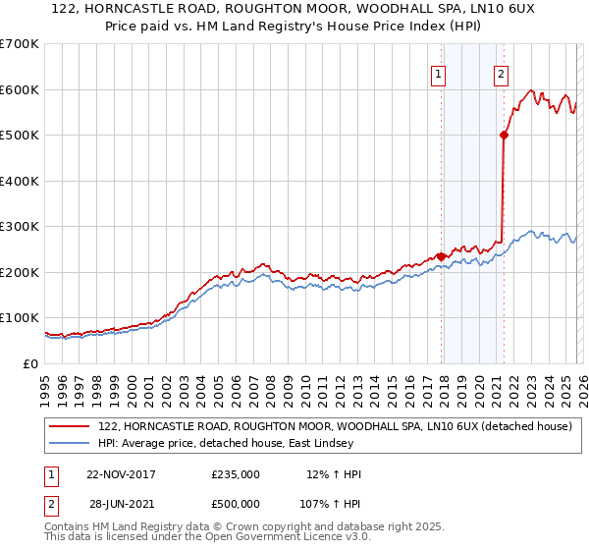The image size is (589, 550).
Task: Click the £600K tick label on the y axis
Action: [20, 89]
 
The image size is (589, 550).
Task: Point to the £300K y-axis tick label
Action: [20, 227]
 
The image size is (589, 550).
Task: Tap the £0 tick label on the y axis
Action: [31, 364]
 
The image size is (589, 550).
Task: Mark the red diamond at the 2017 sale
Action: [441, 256]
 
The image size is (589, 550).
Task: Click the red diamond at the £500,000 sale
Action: [504, 136]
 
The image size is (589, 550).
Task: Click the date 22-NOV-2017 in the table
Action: [121, 474]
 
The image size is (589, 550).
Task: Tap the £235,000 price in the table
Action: [236, 474]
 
